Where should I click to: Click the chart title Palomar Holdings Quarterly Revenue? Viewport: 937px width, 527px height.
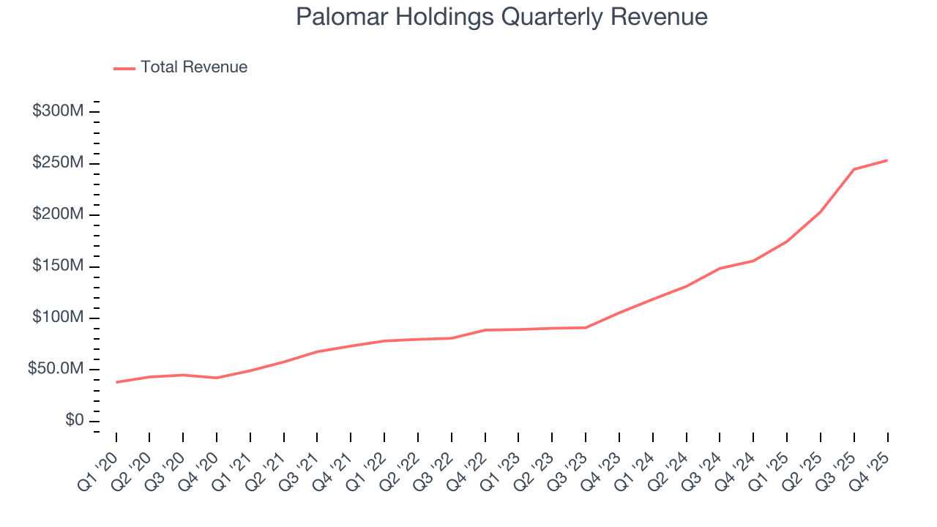[x=501, y=17]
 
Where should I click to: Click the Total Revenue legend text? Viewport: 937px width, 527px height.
[x=194, y=67]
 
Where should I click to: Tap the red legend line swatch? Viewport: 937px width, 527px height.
[x=124, y=68]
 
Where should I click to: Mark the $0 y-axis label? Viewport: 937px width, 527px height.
[x=74, y=421]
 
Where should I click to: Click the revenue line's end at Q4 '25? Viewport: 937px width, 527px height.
[x=887, y=160]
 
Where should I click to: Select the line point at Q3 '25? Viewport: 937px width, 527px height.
[x=854, y=169]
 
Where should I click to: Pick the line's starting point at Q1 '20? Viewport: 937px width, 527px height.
[x=116, y=382]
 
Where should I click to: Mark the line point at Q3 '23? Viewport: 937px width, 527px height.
[x=586, y=327]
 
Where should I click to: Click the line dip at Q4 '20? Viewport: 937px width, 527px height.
[x=217, y=378]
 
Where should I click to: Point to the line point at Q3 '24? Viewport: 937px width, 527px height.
[x=720, y=269]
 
